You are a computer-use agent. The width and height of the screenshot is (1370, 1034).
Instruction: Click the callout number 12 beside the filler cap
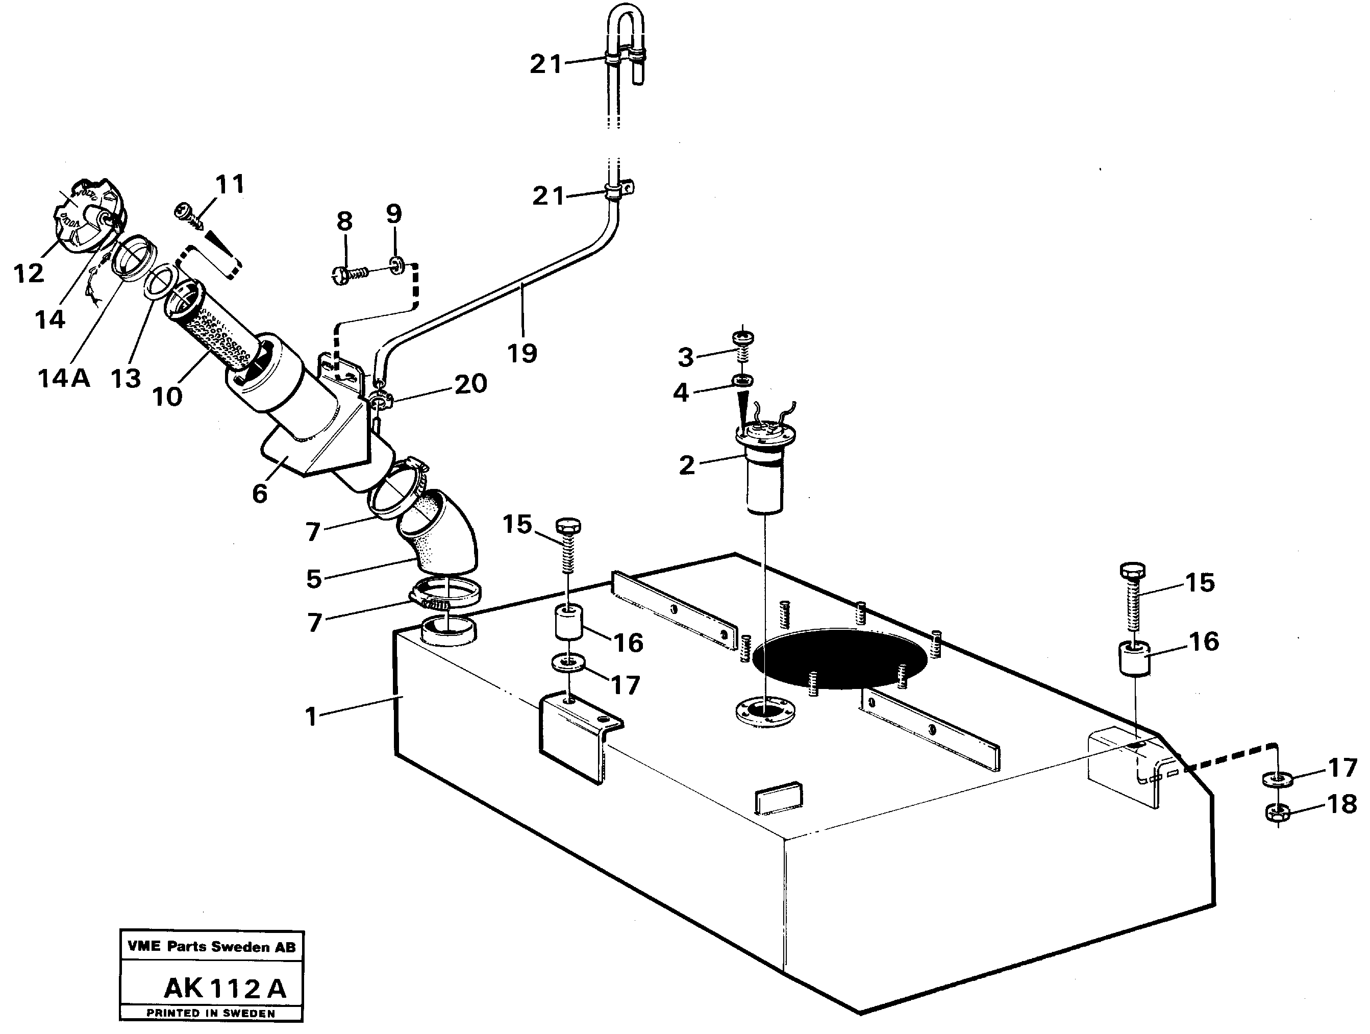coord(29,273)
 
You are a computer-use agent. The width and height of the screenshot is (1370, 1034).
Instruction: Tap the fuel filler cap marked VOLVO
coord(90,215)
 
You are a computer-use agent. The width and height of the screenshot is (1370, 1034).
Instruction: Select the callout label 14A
coord(63,378)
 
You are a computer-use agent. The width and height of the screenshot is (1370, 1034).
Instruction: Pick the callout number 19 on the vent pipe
coord(522,354)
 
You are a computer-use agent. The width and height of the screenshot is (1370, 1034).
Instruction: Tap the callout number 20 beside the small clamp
coord(471,384)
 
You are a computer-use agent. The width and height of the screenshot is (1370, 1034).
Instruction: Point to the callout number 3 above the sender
coord(685,357)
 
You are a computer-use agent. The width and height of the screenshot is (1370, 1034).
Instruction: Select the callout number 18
coord(1342,805)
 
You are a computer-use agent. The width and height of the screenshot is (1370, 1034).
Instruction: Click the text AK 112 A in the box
coord(225,988)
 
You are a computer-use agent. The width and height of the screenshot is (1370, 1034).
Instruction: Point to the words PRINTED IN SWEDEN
coord(211,1014)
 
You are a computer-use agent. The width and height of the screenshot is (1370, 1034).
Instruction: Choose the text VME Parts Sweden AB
coord(211,946)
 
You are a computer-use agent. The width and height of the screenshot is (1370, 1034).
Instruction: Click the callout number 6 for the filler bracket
coord(260,494)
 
